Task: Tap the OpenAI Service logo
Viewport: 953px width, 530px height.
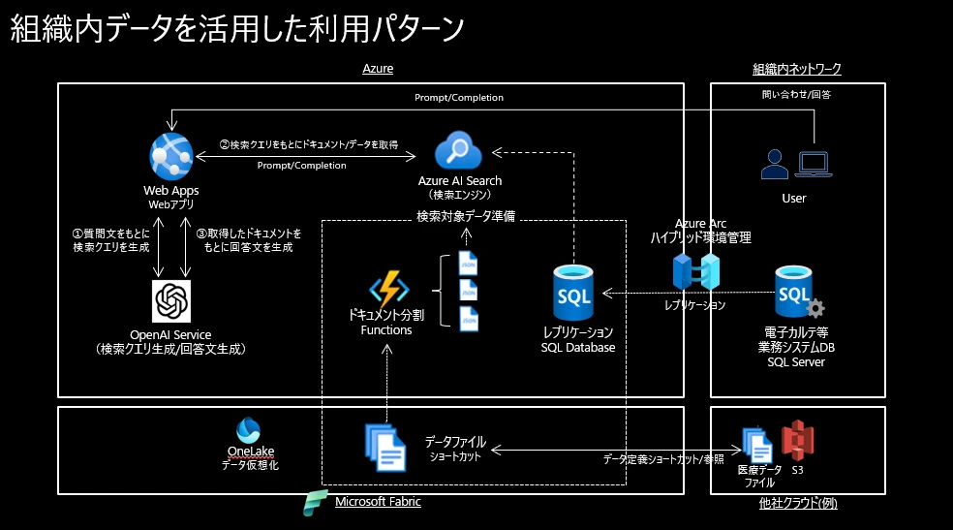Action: pos(172,300)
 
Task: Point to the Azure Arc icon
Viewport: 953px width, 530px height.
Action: pos(697,272)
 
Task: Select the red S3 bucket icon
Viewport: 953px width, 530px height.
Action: pos(797,442)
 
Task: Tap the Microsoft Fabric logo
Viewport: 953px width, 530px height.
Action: pos(315,503)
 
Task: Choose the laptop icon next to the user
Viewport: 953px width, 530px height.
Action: pos(813,165)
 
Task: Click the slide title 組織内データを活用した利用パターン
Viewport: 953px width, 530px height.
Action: pos(237,29)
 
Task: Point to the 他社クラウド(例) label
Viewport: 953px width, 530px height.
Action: pos(797,503)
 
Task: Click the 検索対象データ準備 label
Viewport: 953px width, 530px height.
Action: pos(465,216)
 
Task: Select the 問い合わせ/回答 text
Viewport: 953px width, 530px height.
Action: pos(797,95)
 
